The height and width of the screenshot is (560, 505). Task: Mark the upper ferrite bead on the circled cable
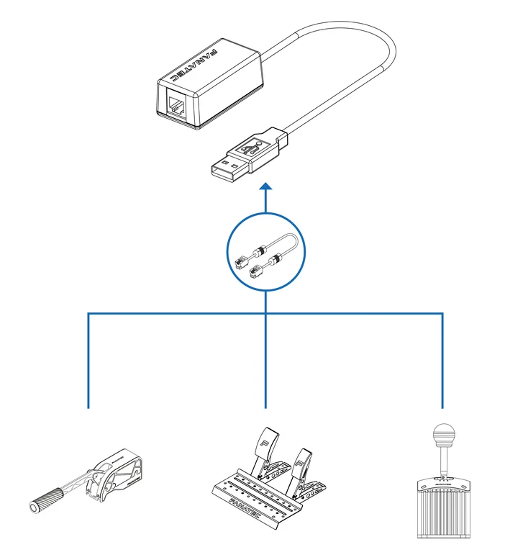[x=261, y=251]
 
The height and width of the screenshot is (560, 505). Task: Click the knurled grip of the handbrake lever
[x=46, y=498]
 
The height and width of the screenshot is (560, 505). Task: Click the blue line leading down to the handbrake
[x=88, y=360]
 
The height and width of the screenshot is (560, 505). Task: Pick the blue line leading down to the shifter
[x=442, y=360]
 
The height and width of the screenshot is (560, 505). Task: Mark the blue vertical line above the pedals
[x=266, y=360]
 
